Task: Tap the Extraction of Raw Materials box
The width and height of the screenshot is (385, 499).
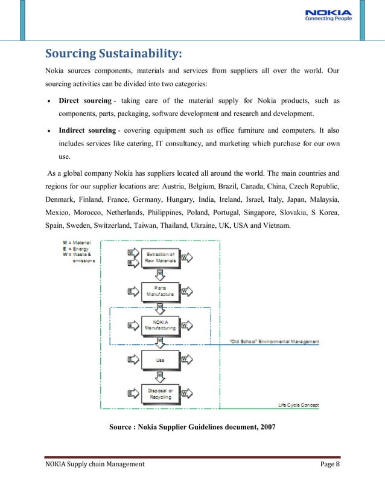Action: pyautogui.click(x=161, y=258)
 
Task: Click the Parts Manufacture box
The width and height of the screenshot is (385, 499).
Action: pyautogui.click(x=160, y=291)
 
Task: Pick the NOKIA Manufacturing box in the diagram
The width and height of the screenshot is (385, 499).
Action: pyautogui.click(x=160, y=325)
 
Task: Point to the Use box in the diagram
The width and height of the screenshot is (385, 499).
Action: pyautogui.click(x=160, y=359)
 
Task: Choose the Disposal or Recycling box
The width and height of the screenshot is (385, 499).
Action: pyautogui.click(x=160, y=394)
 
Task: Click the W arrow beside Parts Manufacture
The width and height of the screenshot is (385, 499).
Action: pyautogui.click(x=186, y=291)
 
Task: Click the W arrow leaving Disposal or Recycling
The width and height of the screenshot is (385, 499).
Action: pyautogui.click(x=186, y=394)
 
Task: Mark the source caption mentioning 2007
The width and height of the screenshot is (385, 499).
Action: pyautogui.click(x=192, y=428)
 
